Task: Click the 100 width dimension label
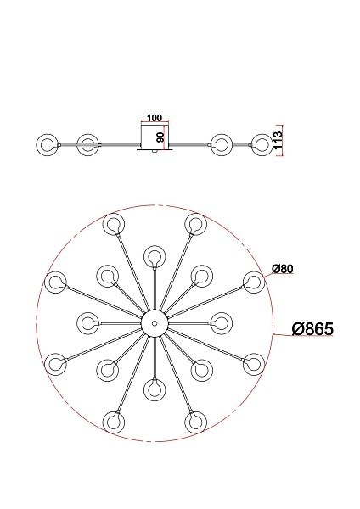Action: point(154,118)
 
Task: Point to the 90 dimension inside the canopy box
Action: point(160,137)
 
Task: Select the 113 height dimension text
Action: point(278,140)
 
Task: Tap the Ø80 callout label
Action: point(283,269)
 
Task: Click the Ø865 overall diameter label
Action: point(312,329)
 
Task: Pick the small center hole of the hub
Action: point(155,323)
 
